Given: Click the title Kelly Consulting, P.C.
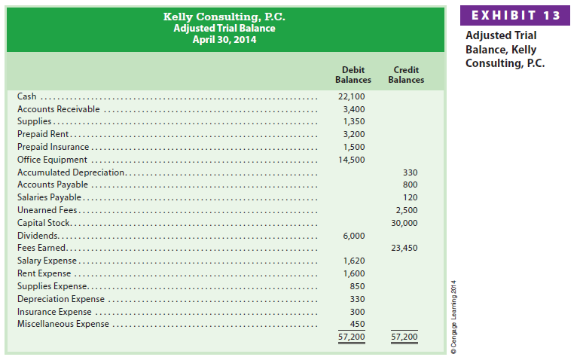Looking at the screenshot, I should click(224, 17).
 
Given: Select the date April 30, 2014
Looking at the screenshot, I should click(224, 39).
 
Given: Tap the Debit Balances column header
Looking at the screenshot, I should click(353, 75).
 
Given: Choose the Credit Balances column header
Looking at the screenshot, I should click(406, 75).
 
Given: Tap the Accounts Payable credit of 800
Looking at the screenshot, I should click(410, 185).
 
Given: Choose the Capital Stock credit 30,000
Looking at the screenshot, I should click(405, 223).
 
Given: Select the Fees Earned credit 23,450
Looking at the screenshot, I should click(405, 248).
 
